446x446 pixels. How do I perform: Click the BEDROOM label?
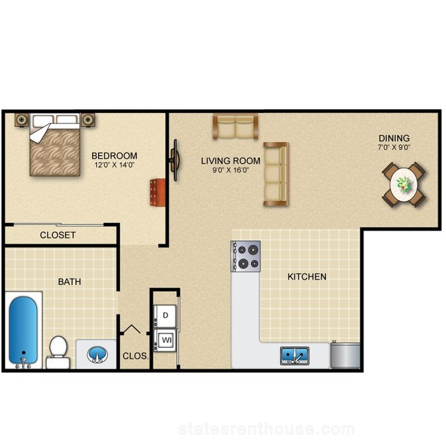[115, 156]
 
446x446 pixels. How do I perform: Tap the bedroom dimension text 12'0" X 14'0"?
[115, 165]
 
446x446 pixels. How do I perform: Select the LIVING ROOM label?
[231, 161]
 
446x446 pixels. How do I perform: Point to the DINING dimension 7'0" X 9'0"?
[394, 148]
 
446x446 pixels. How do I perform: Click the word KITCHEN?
[307, 277]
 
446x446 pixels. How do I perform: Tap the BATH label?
[69, 281]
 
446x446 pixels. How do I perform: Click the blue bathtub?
[23, 331]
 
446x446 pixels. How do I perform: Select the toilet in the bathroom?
[58, 352]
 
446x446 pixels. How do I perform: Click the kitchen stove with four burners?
[246, 257]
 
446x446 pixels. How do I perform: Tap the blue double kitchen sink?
[294, 355]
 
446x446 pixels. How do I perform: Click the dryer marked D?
[165, 316]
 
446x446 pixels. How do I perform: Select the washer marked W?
[165, 340]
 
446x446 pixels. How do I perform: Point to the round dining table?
[404, 185]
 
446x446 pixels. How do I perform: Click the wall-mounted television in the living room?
[175, 160]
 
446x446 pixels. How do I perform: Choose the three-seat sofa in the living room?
[276, 174]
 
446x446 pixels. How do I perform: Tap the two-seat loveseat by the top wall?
[235, 126]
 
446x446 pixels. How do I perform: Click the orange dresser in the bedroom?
[158, 192]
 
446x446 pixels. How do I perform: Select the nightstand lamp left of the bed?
[22, 120]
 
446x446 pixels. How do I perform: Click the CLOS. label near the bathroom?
[135, 356]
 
